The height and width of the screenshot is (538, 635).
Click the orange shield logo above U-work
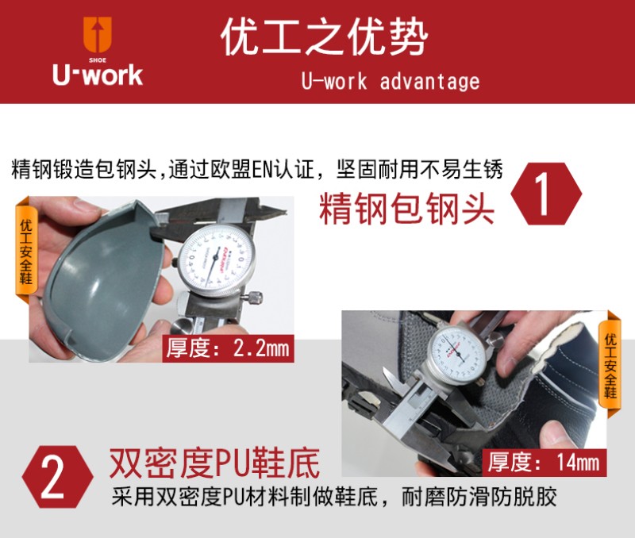tap(97, 34)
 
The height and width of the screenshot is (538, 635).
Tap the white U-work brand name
tap(98, 75)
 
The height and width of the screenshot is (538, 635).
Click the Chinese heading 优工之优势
tap(324, 37)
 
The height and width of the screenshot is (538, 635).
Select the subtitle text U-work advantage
tap(391, 82)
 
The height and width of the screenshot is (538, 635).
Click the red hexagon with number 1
tap(546, 194)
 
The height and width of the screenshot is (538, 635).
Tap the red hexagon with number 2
tap(57, 477)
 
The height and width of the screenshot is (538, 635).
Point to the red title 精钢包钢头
tap(406, 209)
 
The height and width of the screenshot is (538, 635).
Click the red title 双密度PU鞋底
tap(214, 463)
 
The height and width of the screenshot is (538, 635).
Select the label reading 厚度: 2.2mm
tap(228, 348)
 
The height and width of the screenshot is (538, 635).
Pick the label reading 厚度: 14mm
tap(544, 462)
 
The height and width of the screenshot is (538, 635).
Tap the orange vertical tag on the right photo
tap(610, 363)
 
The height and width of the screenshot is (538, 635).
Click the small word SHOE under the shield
tap(98, 60)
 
